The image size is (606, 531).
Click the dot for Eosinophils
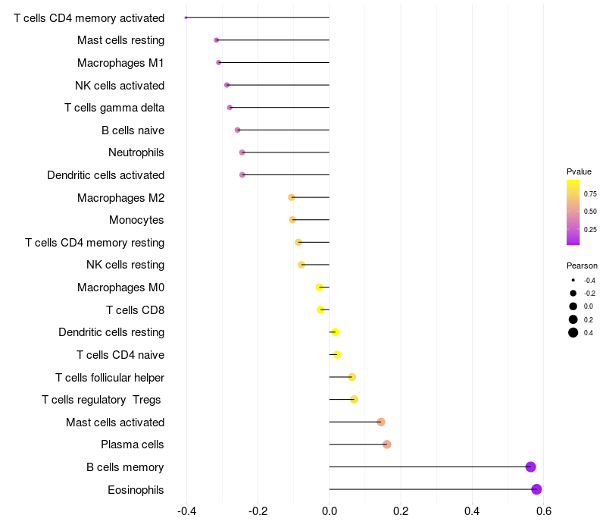click(536, 489)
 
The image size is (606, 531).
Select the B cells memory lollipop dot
click(531, 467)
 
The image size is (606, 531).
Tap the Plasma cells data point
click(387, 445)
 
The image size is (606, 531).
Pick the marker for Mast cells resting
click(217, 40)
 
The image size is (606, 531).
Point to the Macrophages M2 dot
click(292, 197)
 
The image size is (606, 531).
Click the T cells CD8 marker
click(320, 309)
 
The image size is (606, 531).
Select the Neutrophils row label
click(136, 152)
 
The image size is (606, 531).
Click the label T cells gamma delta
click(114, 108)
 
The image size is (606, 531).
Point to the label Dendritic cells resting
click(111, 332)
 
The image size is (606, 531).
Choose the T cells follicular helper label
click(110, 377)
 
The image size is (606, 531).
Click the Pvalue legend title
click(579, 171)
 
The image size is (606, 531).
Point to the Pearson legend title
click(582, 265)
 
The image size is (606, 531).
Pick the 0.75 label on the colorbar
click(590, 194)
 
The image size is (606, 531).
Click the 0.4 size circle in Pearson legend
click(573, 332)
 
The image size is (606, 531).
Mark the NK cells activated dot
click(227, 85)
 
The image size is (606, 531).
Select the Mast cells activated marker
click(381, 422)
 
